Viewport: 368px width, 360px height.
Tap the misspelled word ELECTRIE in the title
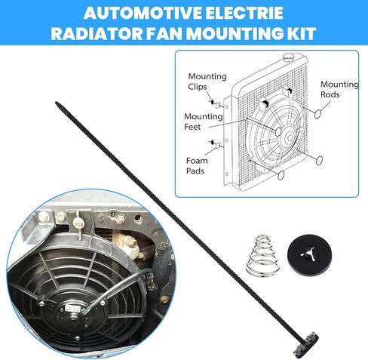pyautogui.click(x=243, y=13)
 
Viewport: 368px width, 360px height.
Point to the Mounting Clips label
pyautogui.click(x=207, y=82)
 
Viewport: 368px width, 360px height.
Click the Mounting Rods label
pyautogui.click(x=339, y=89)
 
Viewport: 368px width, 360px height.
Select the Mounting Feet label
pyautogui.click(x=203, y=122)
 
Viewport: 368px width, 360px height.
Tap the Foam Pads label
pyautogui.click(x=197, y=165)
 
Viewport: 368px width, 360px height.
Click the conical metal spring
pyautogui.click(x=262, y=254)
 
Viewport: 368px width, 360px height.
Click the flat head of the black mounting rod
pyautogui.click(x=306, y=344)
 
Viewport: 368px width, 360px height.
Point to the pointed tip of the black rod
pyautogui.click(x=57, y=103)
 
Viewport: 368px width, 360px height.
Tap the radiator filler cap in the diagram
pyautogui.click(x=290, y=57)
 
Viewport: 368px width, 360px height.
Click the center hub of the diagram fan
pyautogui.click(x=290, y=137)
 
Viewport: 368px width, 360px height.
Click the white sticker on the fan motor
pyautogui.click(x=70, y=308)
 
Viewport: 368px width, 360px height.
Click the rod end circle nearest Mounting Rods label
pyautogui.click(x=317, y=114)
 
